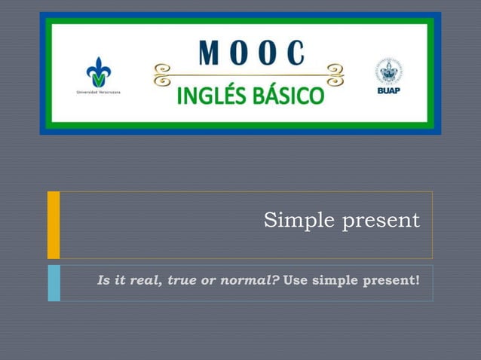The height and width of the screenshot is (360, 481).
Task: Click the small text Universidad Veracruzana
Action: (x=98, y=92)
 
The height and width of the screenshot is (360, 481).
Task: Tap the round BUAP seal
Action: (x=389, y=72)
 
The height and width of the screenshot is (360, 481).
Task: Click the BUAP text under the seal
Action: (x=389, y=92)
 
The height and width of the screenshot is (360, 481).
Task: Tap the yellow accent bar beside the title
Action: (x=54, y=224)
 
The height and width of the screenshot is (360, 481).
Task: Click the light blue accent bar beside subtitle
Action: (x=54, y=282)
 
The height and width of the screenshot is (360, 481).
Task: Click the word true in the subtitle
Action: (x=182, y=281)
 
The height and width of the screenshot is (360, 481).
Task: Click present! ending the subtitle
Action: (x=391, y=282)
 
